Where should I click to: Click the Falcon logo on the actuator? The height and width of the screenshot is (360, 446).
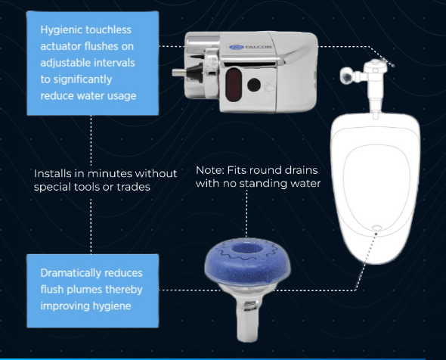pyautogui.click(x=250, y=47)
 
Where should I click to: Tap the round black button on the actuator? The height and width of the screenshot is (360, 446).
pyautogui.click(x=254, y=85)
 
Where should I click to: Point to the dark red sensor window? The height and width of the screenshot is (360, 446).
pyautogui.click(x=234, y=85)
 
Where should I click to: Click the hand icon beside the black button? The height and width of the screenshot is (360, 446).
pyautogui.click(x=268, y=87)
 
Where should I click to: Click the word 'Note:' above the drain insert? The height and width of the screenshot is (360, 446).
pyautogui.click(x=210, y=170)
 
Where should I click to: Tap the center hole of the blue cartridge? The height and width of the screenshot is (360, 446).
pyautogui.click(x=246, y=248)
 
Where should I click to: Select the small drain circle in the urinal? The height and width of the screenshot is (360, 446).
pyautogui.click(x=377, y=228)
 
